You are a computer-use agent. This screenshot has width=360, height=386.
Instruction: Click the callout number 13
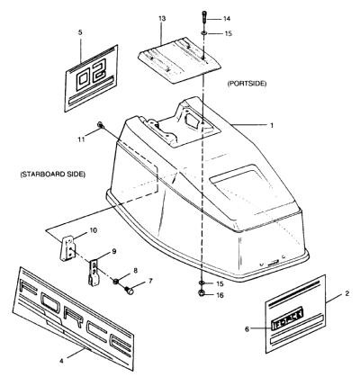click(x=162, y=19)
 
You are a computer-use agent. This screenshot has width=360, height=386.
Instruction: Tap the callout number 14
click(x=227, y=19)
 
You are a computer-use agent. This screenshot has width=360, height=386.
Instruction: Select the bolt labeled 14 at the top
click(x=203, y=18)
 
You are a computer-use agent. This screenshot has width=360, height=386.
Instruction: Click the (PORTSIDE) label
click(x=247, y=84)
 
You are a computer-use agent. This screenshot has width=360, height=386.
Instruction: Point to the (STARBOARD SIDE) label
click(x=53, y=174)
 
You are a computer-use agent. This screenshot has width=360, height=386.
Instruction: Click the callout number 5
click(x=80, y=32)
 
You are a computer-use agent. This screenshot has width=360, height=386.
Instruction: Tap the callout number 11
click(x=81, y=139)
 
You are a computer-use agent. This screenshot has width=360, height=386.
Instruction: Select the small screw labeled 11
click(x=100, y=125)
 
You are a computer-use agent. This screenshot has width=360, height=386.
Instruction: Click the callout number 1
click(x=272, y=125)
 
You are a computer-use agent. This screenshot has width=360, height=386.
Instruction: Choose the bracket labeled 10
click(x=68, y=247)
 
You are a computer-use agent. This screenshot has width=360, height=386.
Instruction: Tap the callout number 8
click(x=135, y=271)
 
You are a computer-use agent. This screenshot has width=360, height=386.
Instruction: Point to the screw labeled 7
click(x=130, y=290)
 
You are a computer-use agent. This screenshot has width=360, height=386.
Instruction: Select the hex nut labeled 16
click(x=202, y=293)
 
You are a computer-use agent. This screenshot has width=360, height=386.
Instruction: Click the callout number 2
click(x=346, y=293)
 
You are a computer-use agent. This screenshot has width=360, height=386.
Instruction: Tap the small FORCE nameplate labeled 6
click(x=287, y=320)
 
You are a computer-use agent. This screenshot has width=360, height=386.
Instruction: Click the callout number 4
click(x=61, y=361)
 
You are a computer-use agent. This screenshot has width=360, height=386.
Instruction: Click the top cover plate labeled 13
click(x=179, y=59)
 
